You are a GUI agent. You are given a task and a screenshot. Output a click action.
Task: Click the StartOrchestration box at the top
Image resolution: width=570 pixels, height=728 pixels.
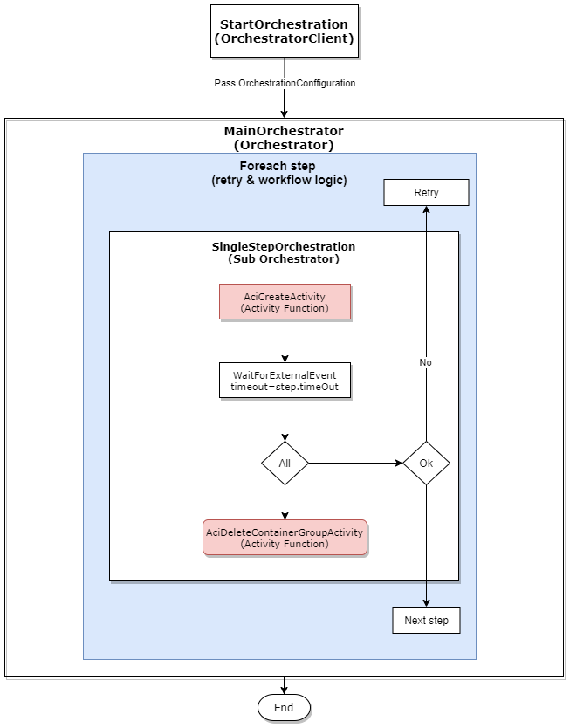[285, 31]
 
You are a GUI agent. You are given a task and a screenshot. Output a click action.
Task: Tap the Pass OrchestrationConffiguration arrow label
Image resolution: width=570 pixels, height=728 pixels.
[285, 83]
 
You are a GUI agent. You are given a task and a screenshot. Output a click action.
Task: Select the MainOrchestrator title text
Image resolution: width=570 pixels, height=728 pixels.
[285, 138]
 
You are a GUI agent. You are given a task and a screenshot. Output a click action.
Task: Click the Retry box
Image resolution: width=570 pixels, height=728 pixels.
[426, 193]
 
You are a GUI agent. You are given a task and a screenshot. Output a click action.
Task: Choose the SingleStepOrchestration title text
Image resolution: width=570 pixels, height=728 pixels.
[285, 253]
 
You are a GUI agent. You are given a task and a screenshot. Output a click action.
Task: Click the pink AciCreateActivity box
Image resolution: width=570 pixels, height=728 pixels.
[285, 303]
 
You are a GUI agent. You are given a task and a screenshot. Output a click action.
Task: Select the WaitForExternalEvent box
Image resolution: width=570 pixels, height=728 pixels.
[285, 381]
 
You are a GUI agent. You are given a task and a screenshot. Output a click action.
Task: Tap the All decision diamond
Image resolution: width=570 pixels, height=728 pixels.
[285, 463]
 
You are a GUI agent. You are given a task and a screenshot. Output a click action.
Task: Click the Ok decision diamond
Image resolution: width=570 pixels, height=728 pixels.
[426, 463]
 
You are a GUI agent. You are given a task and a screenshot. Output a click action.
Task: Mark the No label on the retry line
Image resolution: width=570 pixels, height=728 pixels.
[426, 362]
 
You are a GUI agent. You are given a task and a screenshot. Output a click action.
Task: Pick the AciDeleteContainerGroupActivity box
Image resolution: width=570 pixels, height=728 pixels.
[285, 538]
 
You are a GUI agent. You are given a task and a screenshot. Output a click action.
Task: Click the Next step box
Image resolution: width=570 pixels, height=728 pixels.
[426, 621]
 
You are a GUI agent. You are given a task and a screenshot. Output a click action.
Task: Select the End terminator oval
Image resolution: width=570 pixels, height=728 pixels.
[284, 707]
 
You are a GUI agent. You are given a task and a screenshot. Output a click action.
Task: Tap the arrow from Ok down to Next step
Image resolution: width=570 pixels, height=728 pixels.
[426, 546]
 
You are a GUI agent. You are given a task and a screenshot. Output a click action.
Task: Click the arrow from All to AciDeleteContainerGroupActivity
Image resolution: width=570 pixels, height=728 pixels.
[285, 503]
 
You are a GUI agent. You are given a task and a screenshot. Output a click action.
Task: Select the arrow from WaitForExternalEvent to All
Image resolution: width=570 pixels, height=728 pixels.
[285, 419]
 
